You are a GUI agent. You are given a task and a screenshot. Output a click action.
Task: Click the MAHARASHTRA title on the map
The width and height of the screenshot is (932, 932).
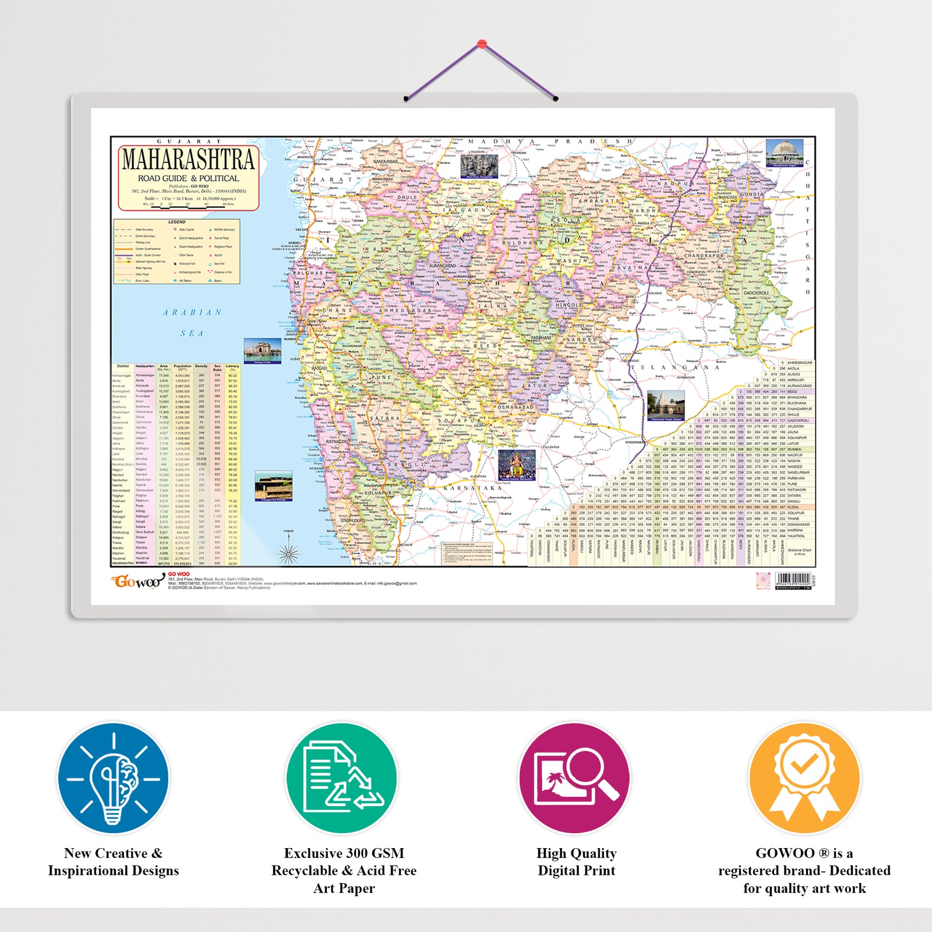tap(188, 160)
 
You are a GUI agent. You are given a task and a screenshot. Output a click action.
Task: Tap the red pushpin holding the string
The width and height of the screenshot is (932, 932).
tap(482, 44)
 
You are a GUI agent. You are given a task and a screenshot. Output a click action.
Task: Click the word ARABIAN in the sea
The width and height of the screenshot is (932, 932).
tap(192, 313)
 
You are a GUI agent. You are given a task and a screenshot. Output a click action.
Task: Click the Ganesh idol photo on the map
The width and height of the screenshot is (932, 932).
tap(517, 465)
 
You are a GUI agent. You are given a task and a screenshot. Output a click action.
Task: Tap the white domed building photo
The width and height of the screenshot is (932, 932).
tap(784, 153)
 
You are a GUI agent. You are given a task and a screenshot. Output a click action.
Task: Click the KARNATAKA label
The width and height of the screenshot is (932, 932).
tap(472, 488)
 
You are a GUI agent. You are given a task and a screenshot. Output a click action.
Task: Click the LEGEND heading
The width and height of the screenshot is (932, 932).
tap(176, 222)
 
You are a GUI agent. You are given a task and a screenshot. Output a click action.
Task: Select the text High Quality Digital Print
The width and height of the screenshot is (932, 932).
tap(576, 862)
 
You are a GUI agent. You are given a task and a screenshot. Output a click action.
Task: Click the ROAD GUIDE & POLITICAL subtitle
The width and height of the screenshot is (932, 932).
tap(188, 178)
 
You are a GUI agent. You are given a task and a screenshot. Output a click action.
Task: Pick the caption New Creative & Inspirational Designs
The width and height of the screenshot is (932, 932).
tap(114, 862)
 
